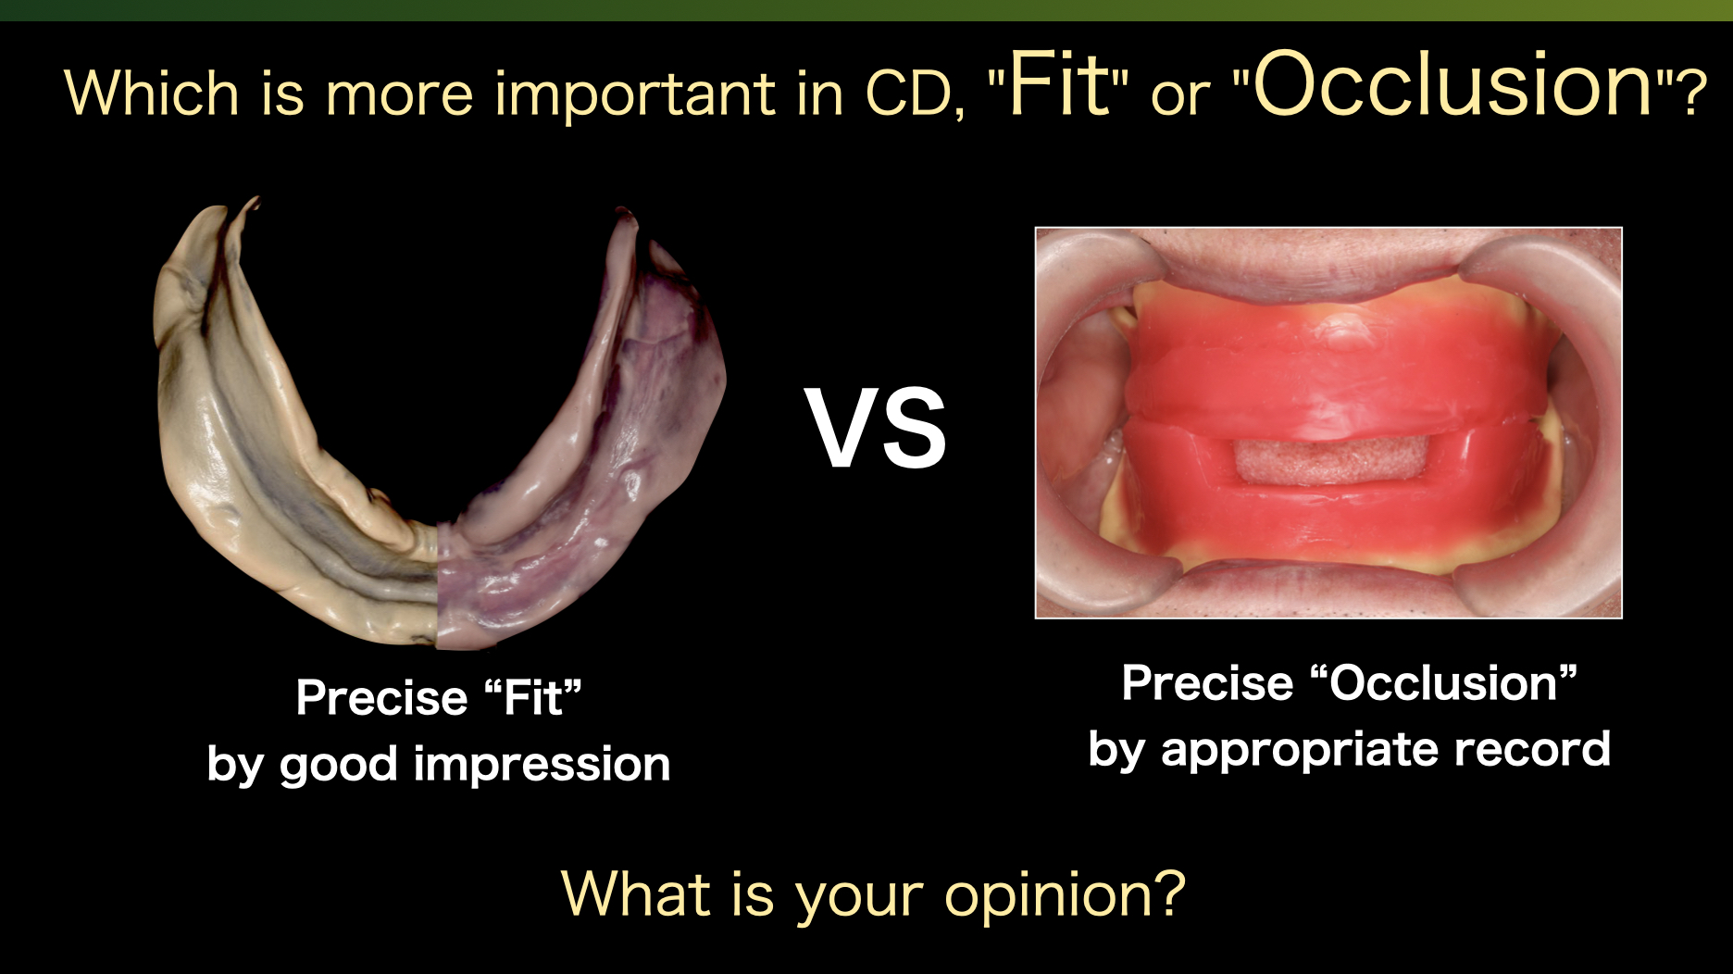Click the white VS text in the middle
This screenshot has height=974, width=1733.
(x=876, y=429)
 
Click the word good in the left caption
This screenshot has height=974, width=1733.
(x=338, y=766)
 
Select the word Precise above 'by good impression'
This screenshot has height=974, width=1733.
(x=381, y=697)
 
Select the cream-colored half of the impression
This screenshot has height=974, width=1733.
(x=259, y=444)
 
